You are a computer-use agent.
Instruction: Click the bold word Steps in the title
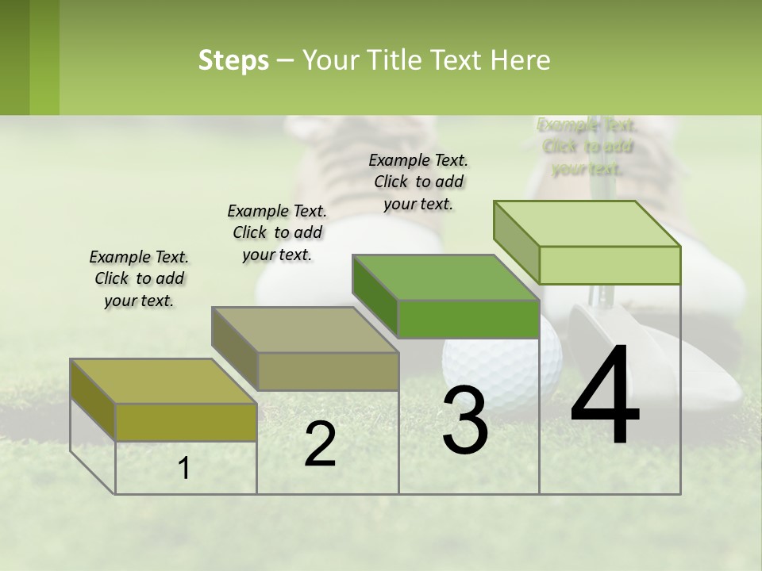coord(233,60)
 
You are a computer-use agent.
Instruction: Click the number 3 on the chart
coord(464,420)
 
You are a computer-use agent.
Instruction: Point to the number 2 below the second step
coord(320,444)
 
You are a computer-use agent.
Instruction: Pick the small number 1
coord(184,469)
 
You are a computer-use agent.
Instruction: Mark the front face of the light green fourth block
coord(610,265)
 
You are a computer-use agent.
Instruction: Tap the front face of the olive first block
coord(186,422)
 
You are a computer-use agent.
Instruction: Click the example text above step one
coord(139,278)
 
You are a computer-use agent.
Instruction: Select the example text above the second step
coord(277,232)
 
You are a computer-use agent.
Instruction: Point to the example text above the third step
coord(418,182)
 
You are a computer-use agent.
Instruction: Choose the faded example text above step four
coord(587,147)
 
